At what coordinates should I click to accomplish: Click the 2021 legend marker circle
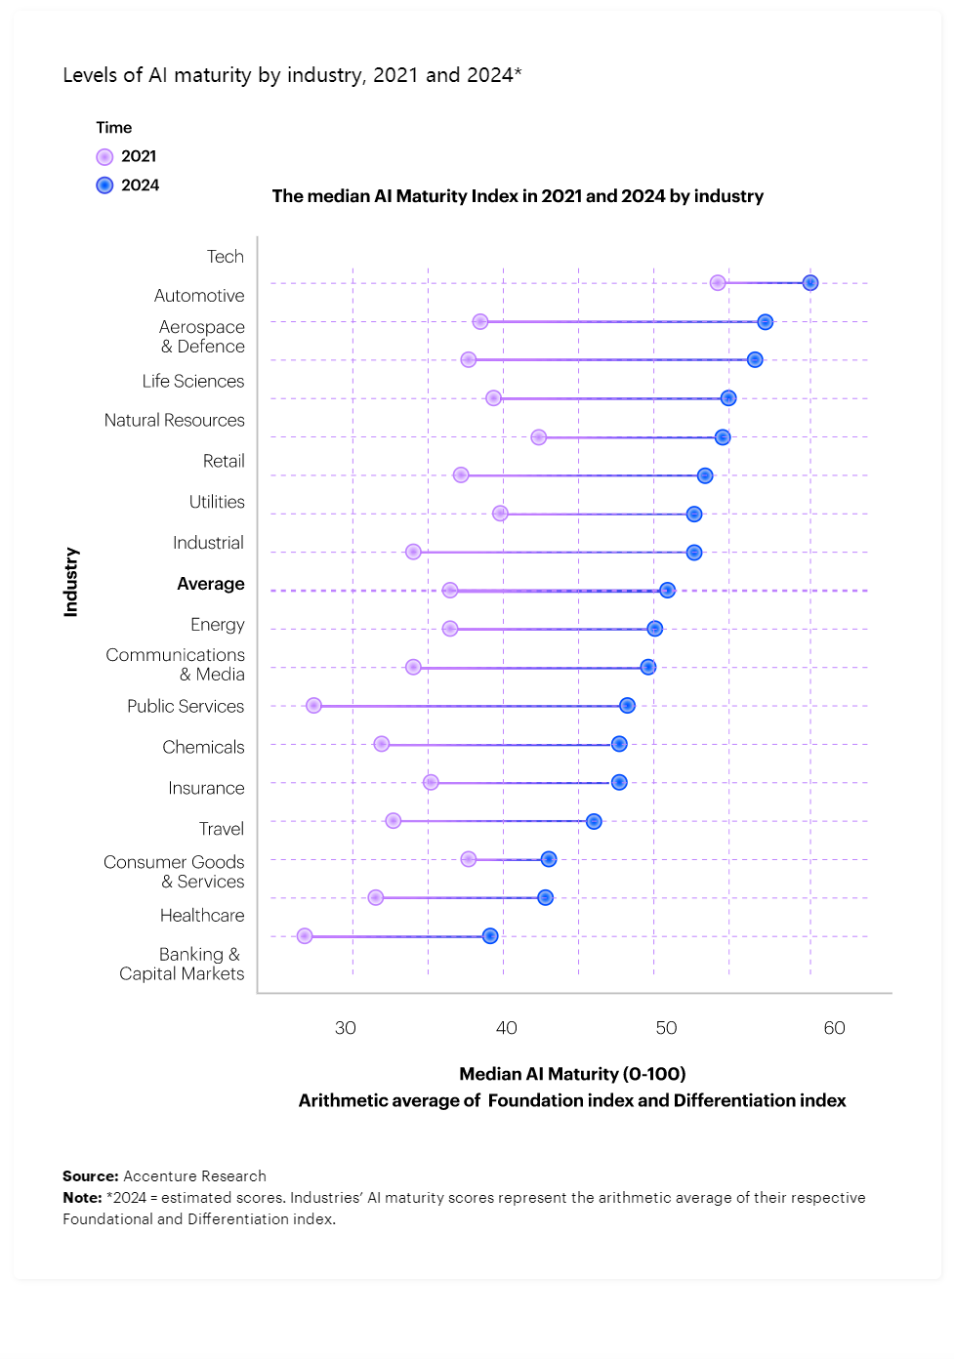(104, 157)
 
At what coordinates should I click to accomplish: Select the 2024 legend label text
(140, 185)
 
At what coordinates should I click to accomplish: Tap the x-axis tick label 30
(346, 1028)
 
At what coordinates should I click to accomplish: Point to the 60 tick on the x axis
(834, 1028)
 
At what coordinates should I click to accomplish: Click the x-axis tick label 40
(506, 1028)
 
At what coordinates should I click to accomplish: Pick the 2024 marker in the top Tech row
(810, 283)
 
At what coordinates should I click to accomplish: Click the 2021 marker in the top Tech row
(718, 283)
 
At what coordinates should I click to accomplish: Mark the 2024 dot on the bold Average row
(667, 590)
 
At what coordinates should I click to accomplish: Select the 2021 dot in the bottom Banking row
(305, 936)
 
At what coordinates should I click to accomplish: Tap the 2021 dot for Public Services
(313, 706)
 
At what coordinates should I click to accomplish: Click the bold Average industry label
(211, 584)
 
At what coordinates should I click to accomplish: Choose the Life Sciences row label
(193, 382)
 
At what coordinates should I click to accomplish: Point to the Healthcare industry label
(202, 916)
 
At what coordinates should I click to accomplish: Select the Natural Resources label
(175, 421)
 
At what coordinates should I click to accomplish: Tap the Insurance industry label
(206, 788)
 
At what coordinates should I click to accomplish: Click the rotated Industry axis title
(71, 582)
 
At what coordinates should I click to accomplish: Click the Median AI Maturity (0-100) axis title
(572, 1074)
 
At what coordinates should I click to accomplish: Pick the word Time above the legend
(114, 128)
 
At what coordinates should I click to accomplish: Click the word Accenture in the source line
(158, 1176)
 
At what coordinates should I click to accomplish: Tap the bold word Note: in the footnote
(82, 1198)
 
